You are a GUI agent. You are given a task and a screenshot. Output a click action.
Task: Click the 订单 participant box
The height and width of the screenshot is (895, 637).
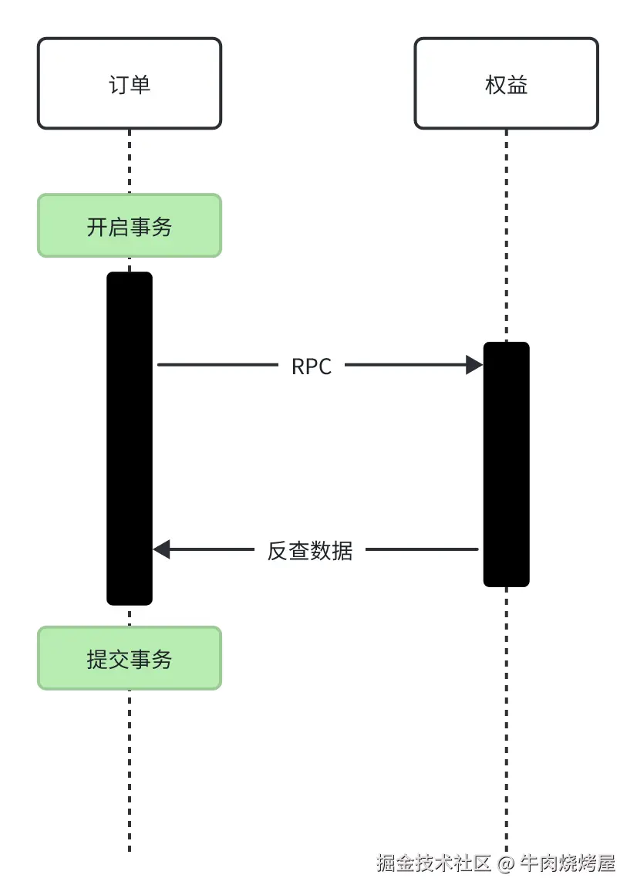pos(130,83)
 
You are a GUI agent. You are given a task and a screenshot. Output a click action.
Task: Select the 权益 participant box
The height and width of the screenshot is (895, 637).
pos(507,83)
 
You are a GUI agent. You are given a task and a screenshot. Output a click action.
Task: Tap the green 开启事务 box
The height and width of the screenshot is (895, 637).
pos(130,225)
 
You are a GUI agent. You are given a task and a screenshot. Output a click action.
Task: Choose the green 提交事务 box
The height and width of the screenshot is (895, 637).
pos(130,658)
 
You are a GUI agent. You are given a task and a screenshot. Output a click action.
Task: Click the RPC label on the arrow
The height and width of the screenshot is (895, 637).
pos(312,366)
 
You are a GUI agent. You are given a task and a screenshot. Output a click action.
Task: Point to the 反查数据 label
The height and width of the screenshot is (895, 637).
pos(310,551)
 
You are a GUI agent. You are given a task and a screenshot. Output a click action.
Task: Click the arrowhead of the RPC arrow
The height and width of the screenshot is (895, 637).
pos(474,365)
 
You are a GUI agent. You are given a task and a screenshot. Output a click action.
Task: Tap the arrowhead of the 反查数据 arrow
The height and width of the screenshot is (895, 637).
pos(161,549)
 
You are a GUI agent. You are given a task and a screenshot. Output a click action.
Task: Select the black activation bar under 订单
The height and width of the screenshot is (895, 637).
pos(130,438)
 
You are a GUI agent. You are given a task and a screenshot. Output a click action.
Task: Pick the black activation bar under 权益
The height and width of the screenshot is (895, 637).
pos(507,464)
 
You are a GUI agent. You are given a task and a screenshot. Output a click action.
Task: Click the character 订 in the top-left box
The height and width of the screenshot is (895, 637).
pos(119,84)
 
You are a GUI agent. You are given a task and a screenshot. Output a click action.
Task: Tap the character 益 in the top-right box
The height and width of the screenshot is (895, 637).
pos(517,84)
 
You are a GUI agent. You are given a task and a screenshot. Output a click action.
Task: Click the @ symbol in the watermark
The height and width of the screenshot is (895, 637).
pos(505,864)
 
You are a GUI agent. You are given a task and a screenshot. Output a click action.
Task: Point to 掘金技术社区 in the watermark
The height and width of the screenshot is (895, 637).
pos(433,863)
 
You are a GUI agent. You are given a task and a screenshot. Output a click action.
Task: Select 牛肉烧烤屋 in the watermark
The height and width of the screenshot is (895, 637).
pos(568,863)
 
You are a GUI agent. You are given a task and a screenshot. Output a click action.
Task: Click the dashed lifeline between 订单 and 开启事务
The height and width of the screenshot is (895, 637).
pos(130,161)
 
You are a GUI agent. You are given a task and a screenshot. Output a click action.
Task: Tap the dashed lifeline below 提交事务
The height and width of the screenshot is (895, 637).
pos(130,771)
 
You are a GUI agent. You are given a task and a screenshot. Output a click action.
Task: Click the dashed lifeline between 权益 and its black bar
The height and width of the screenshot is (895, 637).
pos(507,236)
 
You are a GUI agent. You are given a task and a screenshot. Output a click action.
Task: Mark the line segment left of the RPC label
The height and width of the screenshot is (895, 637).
pos(217,365)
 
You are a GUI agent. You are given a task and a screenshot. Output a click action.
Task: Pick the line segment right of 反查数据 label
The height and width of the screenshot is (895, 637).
pos(422,549)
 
